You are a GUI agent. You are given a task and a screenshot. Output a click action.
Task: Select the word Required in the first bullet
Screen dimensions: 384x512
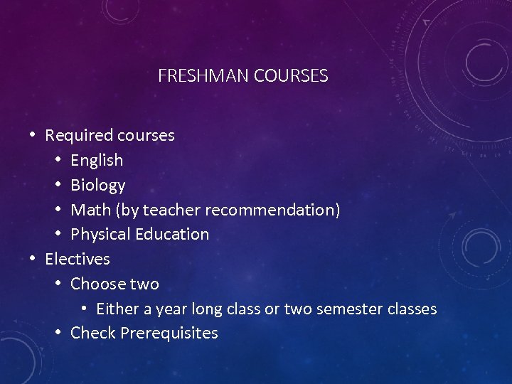click(79, 135)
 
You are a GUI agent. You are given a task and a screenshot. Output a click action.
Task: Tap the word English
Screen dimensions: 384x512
click(97, 161)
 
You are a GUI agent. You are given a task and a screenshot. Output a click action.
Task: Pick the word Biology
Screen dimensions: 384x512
click(97, 186)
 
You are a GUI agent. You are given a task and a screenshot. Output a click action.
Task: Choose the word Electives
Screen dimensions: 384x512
click(77, 259)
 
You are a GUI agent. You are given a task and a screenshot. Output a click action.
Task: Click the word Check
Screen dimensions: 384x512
click(93, 333)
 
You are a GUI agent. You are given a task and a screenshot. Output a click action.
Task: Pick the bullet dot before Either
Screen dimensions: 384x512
click(84, 309)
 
